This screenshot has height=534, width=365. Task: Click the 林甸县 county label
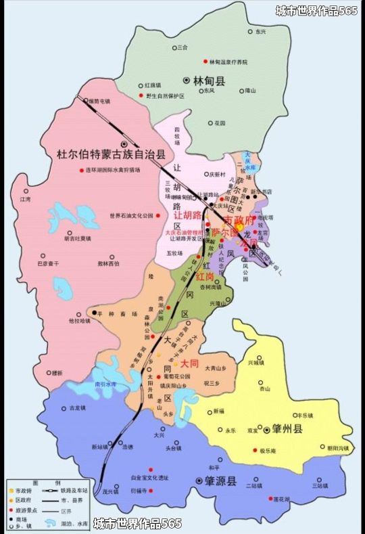210,81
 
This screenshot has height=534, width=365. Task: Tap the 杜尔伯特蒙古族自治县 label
111,154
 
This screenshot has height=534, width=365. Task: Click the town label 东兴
261,32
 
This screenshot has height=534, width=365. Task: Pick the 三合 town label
182,48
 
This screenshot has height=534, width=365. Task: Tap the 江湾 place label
26,200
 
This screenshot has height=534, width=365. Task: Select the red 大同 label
189,363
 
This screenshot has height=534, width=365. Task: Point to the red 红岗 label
205,277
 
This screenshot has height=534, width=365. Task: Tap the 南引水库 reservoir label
105,384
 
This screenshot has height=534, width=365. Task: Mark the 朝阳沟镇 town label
338,448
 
